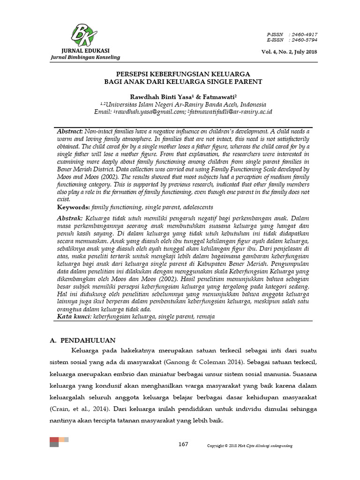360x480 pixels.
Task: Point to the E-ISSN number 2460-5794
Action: pyautogui.click(x=304, y=40)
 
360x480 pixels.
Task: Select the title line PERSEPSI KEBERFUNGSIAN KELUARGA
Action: pyautogui.click(x=183, y=74)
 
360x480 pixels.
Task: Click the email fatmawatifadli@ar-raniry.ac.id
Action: pyautogui.click(x=230, y=112)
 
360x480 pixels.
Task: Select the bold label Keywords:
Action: pyautogui.click(x=74, y=207)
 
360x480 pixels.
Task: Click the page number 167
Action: pyautogui.click(x=183, y=444)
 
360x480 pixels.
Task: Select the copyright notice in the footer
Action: pyautogui.click(x=250, y=445)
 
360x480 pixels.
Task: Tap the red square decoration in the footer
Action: pyautogui.click(x=54, y=439)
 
